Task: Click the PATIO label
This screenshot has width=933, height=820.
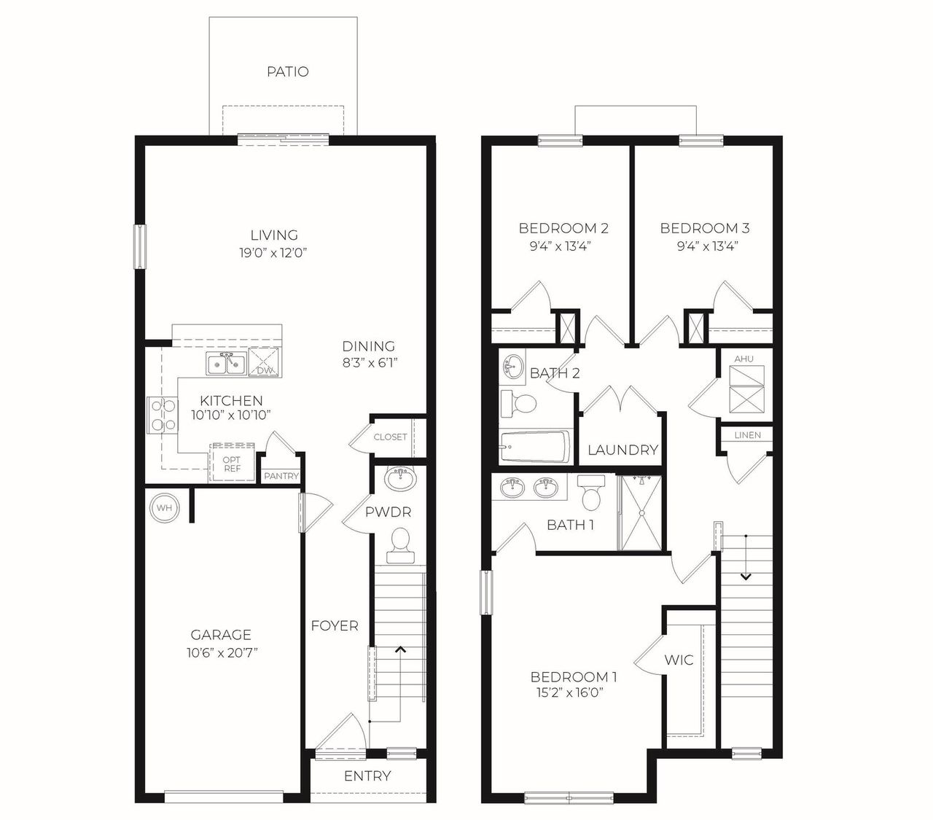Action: [287, 71]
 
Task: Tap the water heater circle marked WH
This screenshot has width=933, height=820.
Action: [164, 507]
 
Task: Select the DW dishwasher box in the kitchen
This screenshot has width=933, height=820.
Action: [264, 362]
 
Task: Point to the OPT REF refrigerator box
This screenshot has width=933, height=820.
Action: [232, 464]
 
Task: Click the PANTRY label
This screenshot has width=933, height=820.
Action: [281, 476]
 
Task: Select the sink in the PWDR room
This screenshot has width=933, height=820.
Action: [399, 480]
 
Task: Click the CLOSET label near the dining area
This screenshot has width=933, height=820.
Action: [390, 437]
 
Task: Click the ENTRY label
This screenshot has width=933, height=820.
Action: [367, 776]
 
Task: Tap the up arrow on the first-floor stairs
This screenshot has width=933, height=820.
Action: [400, 648]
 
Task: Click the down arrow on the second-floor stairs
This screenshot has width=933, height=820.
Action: [746, 576]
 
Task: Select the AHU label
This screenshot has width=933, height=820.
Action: [743, 359]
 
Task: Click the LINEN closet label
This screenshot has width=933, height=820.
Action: [748, 435]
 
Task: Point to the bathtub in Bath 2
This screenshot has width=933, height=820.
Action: [535, 446]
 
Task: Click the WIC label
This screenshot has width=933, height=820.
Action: [679, 660]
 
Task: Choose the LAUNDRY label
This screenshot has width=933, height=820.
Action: [623, 450]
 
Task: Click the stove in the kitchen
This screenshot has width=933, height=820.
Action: [162, 414]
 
